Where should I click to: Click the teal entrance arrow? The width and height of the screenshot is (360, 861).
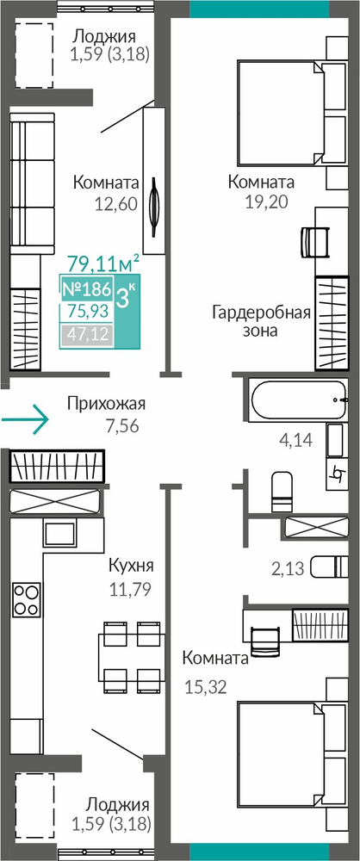point(25,419)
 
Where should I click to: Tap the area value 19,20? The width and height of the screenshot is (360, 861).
point(267,201)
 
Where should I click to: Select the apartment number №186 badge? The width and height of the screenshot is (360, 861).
point(86,288)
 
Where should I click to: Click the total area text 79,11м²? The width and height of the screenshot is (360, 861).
point(102,263)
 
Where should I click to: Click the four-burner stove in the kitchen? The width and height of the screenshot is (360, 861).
point(27,599)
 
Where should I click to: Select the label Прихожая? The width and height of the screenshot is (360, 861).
point(106,404)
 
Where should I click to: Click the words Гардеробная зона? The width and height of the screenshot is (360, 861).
point(262,322)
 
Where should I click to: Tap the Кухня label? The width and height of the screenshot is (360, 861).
point(131,566)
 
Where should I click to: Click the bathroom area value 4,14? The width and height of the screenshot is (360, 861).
point(296,439)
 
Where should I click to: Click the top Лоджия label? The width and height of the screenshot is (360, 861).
point(104,37)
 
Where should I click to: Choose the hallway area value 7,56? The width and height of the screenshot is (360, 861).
point(121,425)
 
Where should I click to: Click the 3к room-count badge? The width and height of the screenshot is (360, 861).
point(126,300)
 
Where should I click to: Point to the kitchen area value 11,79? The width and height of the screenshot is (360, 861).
point(130,590)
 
